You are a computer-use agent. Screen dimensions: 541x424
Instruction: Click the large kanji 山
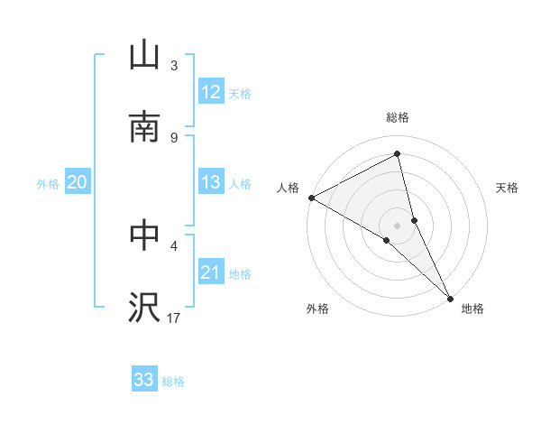point(144,57)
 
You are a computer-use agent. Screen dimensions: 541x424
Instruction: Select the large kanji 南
point(144,127)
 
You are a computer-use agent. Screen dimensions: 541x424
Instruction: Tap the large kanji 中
point(144,235)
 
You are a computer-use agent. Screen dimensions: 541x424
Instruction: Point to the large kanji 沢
point(144,307)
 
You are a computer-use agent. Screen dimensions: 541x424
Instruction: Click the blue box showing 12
point(211,92)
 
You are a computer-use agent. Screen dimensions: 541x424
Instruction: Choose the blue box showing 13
point(211,182)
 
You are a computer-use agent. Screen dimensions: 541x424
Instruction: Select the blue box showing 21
point(211,272)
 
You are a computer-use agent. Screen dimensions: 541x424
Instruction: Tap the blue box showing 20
point(77,182)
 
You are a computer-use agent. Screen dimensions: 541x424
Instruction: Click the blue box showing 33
point(144,380)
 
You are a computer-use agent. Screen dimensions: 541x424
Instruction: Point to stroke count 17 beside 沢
point(174,317)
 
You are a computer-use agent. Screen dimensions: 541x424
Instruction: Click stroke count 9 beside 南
point(174,137)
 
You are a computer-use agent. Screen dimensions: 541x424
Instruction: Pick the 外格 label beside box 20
point(48,183)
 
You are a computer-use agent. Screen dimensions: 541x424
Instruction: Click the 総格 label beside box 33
point(173,381)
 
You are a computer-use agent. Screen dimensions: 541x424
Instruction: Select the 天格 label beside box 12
point(240,93)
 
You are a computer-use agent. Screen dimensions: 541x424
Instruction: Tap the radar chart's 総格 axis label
point(398,118)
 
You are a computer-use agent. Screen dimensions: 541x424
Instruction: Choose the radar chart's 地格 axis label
point(472,309)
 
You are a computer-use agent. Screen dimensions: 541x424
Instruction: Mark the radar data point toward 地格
point(451,297)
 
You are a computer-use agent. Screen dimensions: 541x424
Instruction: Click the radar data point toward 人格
point(311,198)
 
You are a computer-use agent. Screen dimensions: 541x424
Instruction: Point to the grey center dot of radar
point(398,225)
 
